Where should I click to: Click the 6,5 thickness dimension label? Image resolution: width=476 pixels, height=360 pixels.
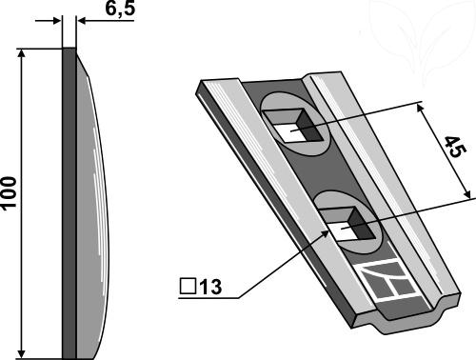120,9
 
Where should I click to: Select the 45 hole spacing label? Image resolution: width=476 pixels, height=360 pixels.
455,147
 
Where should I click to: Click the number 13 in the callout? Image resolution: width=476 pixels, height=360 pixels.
210,287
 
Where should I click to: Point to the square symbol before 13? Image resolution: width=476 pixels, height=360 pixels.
188,286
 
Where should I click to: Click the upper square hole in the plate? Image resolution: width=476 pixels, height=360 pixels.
294,125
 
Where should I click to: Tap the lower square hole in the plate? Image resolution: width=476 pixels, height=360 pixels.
347,224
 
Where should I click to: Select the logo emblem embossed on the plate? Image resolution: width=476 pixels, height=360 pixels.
387,279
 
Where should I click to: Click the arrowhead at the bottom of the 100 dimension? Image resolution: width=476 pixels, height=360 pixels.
21,353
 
